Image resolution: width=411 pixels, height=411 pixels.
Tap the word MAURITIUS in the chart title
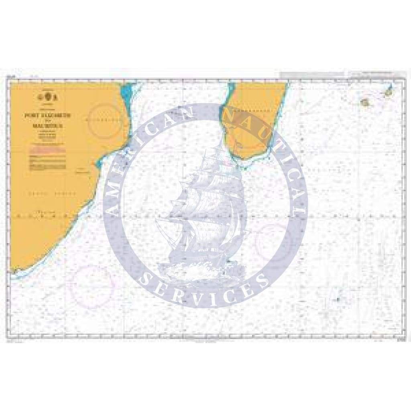coord(50,124)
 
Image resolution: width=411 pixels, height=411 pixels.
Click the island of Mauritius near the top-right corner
coord(389,92)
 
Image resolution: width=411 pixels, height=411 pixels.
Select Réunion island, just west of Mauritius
coord(366,103)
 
